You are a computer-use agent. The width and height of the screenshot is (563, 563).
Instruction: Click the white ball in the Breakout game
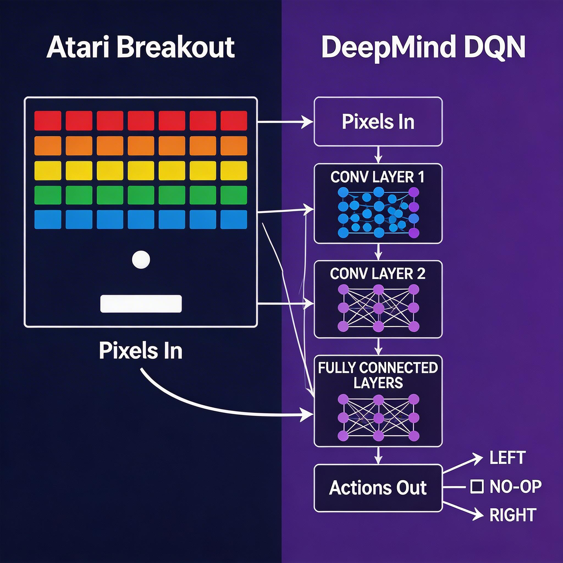(141, 259)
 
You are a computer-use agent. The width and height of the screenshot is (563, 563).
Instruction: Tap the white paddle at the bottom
(141, 304)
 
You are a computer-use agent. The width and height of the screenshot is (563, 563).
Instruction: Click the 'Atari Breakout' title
(140, 48)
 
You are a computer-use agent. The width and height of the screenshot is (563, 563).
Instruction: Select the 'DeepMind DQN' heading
(423, 48)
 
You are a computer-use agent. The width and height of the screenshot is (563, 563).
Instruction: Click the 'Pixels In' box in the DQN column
(378, 122)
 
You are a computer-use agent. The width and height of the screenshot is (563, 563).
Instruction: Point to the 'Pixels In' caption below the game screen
(140, 351)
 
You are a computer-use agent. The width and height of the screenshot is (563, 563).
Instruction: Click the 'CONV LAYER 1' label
(377, 177)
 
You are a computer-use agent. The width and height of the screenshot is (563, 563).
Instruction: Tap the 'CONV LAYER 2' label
(377, 274)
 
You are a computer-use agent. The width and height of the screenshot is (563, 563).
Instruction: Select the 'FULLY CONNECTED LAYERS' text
(378, 375)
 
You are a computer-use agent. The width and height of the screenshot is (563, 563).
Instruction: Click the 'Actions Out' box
(378, 488)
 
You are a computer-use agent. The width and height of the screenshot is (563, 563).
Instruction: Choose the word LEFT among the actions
(508, 458)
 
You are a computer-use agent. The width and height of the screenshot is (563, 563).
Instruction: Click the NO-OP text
(515, 486)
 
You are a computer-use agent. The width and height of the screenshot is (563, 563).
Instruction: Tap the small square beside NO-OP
(477, 486)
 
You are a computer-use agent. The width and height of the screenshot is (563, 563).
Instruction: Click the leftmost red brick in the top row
(48, 121)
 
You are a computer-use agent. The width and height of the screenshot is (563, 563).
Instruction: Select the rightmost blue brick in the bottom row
(234, 219)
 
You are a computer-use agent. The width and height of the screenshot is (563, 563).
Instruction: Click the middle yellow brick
(141, 171)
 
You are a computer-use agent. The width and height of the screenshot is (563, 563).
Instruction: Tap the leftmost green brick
(48, 195)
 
